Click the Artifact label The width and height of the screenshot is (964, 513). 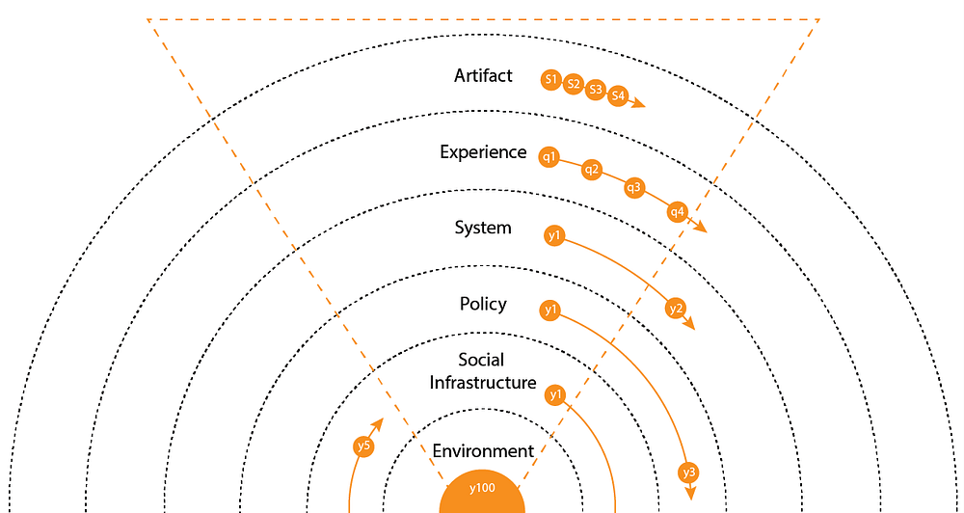pyautogui.click(x=483, y=75)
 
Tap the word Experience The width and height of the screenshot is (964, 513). pyautogui.click(x=483, y=152)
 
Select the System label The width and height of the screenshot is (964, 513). pyautogui.click(x=483, y=229)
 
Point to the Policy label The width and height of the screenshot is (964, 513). pyautogui.click(x=483, y=305)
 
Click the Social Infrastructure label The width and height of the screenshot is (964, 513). pyautogui.click(x=482, y=371)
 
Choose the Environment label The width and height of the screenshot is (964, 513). pyautogui.click(x=483, y=451)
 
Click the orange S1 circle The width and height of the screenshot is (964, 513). pyautogui.click(x=551, y=79)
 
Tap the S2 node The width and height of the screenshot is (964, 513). pyautogui.click(x=574, y=85)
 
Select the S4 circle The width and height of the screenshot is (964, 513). pyautogui.click(x=618, y=96)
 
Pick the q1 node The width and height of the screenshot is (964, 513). pyautogui.click(x=549, y=156)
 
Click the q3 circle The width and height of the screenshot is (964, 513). pyautogui.click(x=633, y=187)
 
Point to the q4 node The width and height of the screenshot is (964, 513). pyautogui.click(x=678, y=210)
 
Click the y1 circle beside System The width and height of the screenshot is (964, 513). pyautogui.click(x=553, y=235)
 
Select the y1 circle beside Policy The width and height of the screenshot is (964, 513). pyautogui.click(x=550, y=310)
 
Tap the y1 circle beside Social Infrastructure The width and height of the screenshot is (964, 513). pyautogui.click(x=554, y=394)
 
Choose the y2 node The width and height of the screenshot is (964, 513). pyautogui.click(x=676, y=309)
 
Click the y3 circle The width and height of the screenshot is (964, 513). pyautogui.click(x=688, y=472)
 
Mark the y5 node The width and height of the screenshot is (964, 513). pyautogui.click(x=363, y=446)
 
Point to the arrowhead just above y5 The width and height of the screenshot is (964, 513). pyautogui.click(x=379, y=423)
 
